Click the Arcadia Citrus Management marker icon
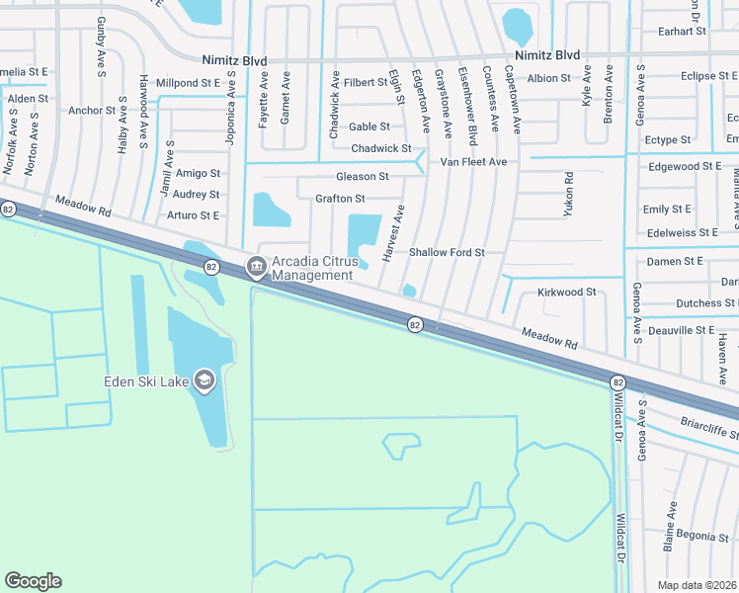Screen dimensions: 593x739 [256, 265]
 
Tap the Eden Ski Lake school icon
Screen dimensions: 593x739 [204, 381]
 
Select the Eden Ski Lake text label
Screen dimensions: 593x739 [148, 382]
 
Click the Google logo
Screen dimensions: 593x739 [33, 581]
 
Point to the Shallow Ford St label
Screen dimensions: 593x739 [447, 253]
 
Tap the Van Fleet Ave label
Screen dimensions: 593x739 [473, 161]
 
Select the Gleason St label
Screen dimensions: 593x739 [363, 176]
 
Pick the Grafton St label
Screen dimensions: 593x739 [340, 199]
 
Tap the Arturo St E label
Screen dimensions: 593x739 [193, 215]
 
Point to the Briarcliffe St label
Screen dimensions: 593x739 [709, 431]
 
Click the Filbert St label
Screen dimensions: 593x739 [367, 82]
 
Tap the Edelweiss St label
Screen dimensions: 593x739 [680, 232]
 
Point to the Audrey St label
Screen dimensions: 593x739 [196, 195]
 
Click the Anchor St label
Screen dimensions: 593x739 [92, 111]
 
